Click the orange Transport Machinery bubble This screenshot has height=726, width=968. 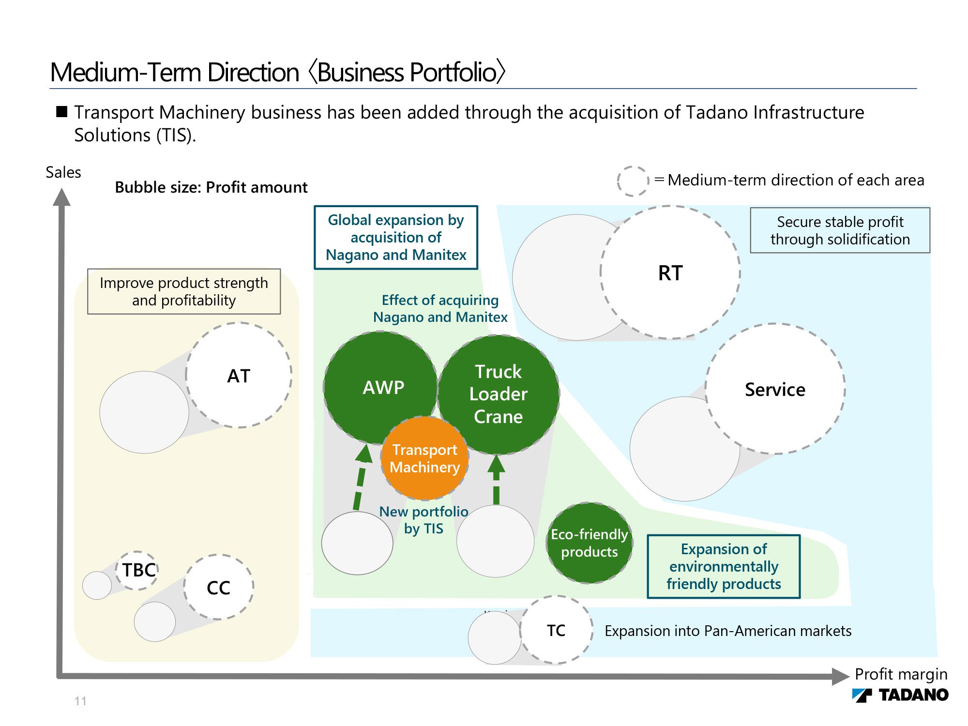(x=424, y=458)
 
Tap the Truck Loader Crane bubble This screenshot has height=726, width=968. (x=499, y=394)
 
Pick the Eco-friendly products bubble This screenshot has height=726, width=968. (x=590, y=543)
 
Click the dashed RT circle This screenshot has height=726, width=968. (x=670, y=272)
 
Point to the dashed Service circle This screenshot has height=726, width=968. (x=775, y=389)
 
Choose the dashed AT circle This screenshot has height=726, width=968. (x=239, y=376)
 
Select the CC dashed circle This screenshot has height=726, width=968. (x=219, y=588)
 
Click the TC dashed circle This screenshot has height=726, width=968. (x=557, y=630)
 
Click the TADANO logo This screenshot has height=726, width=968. (x=900, y=695)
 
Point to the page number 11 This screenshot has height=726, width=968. (x=80, y=701)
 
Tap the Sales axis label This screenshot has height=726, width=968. (x=63, y=172)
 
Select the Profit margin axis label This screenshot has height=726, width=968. (x=901, y=674)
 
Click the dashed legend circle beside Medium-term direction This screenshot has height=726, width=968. (x=633, y=181)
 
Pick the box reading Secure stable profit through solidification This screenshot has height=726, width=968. (x=840, y=230)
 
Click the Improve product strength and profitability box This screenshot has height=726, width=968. (x=184, y=291)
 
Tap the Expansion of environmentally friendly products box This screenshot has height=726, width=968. (x=724, y=566)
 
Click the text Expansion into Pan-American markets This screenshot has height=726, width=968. (x=728, y=631)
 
